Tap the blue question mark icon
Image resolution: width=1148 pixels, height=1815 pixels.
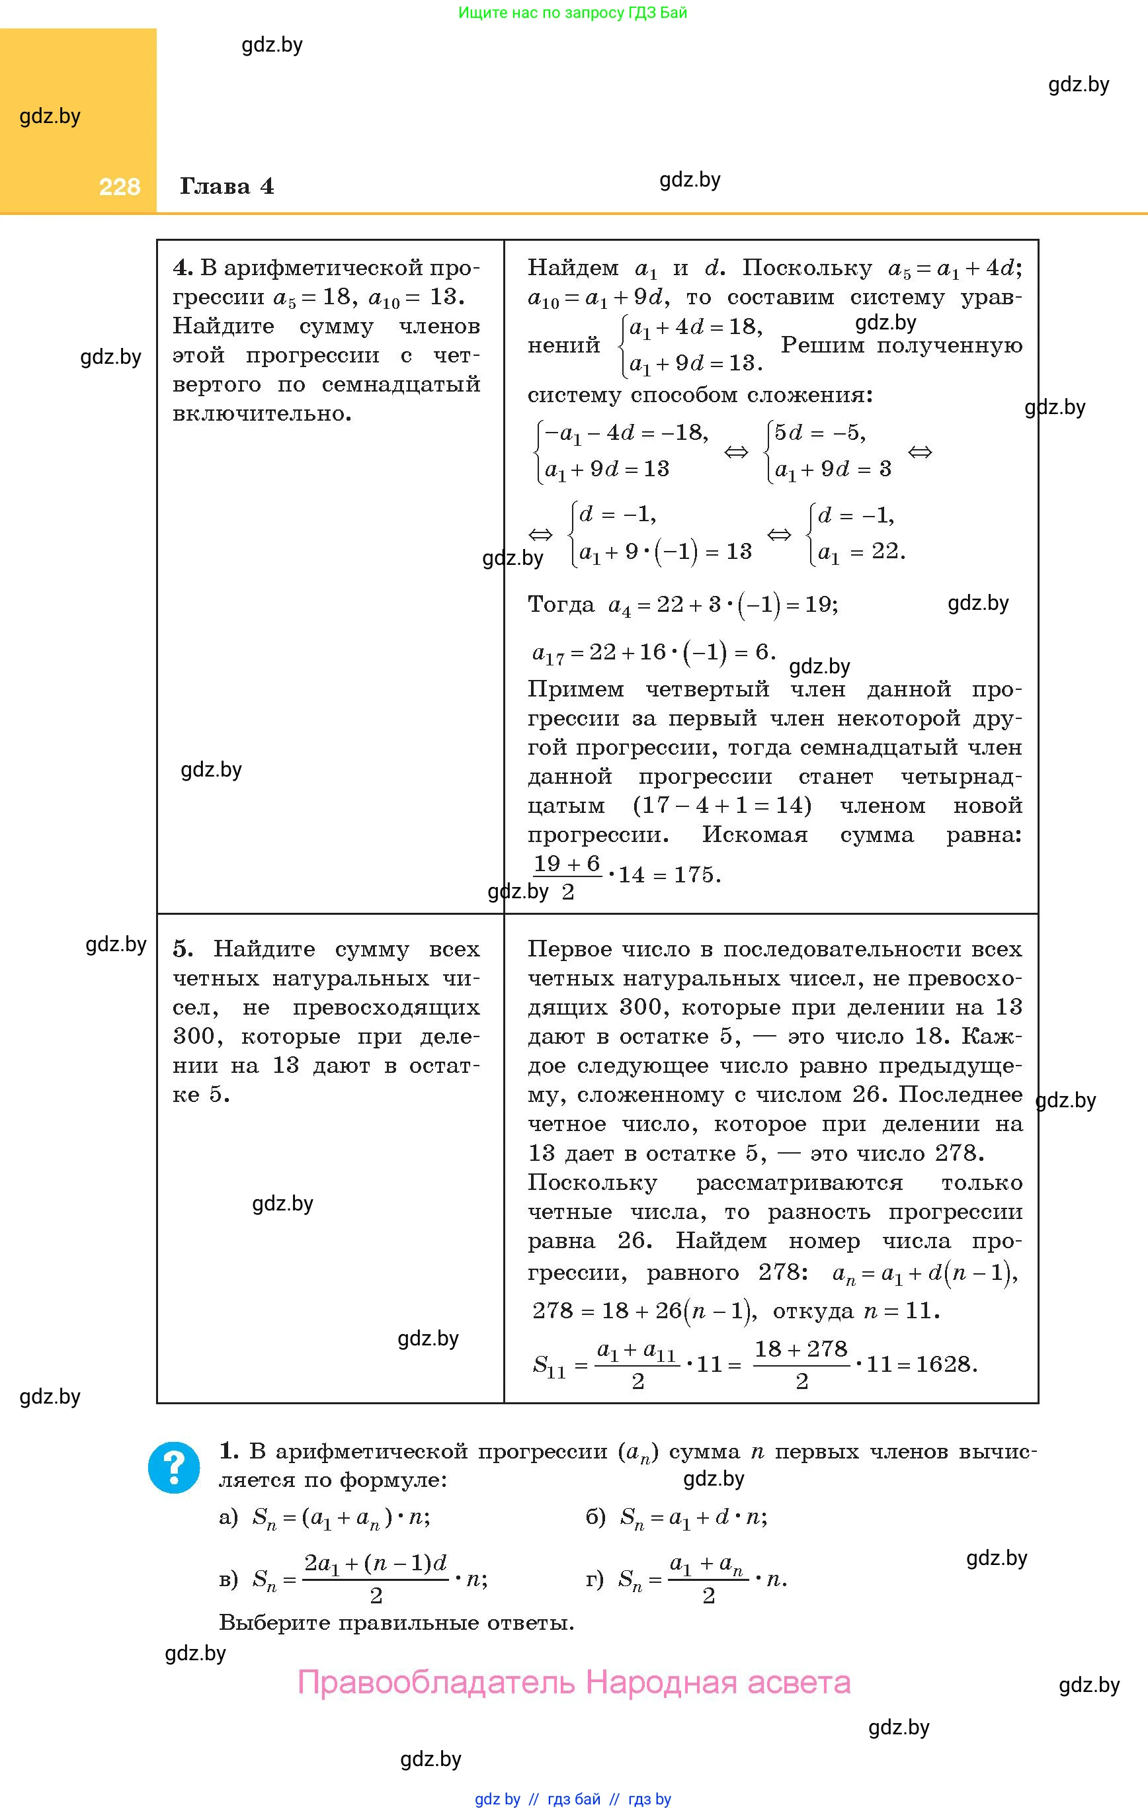[174, 1468]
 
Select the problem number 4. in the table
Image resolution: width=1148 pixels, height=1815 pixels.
[183, 269]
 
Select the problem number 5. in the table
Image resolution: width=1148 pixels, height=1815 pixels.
[183, 949]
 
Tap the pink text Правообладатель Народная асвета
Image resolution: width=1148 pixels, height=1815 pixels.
[573, 1682]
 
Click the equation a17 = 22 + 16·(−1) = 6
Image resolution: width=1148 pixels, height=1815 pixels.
[653, 652]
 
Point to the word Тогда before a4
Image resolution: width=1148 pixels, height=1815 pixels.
[561, 605]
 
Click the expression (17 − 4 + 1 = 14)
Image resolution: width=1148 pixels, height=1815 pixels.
[721, 806]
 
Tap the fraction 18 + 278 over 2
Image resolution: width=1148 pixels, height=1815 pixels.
[801, 1365]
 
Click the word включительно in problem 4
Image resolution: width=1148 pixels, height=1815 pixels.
[261, 414]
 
